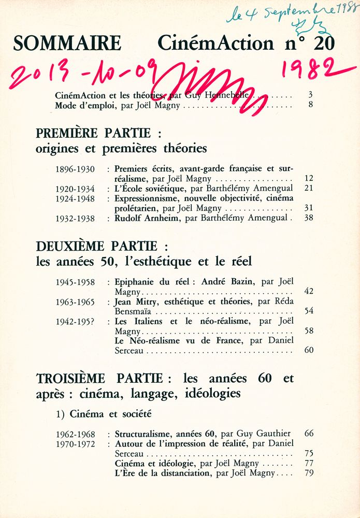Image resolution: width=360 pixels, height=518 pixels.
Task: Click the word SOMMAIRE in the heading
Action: tap(67, 44)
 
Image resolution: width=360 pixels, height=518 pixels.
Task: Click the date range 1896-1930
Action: tap(75, 169)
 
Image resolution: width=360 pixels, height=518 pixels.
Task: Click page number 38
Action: tap(309, 218)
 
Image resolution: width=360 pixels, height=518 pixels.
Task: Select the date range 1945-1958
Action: tap(75, 282)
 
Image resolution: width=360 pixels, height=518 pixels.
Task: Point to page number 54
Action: tap(309, 311)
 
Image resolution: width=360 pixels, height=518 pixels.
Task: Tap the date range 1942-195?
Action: tap(75, 321)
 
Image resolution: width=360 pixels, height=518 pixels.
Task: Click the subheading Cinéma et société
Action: tap(111, 414)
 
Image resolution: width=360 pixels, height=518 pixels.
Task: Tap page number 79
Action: tap(309, 473)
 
